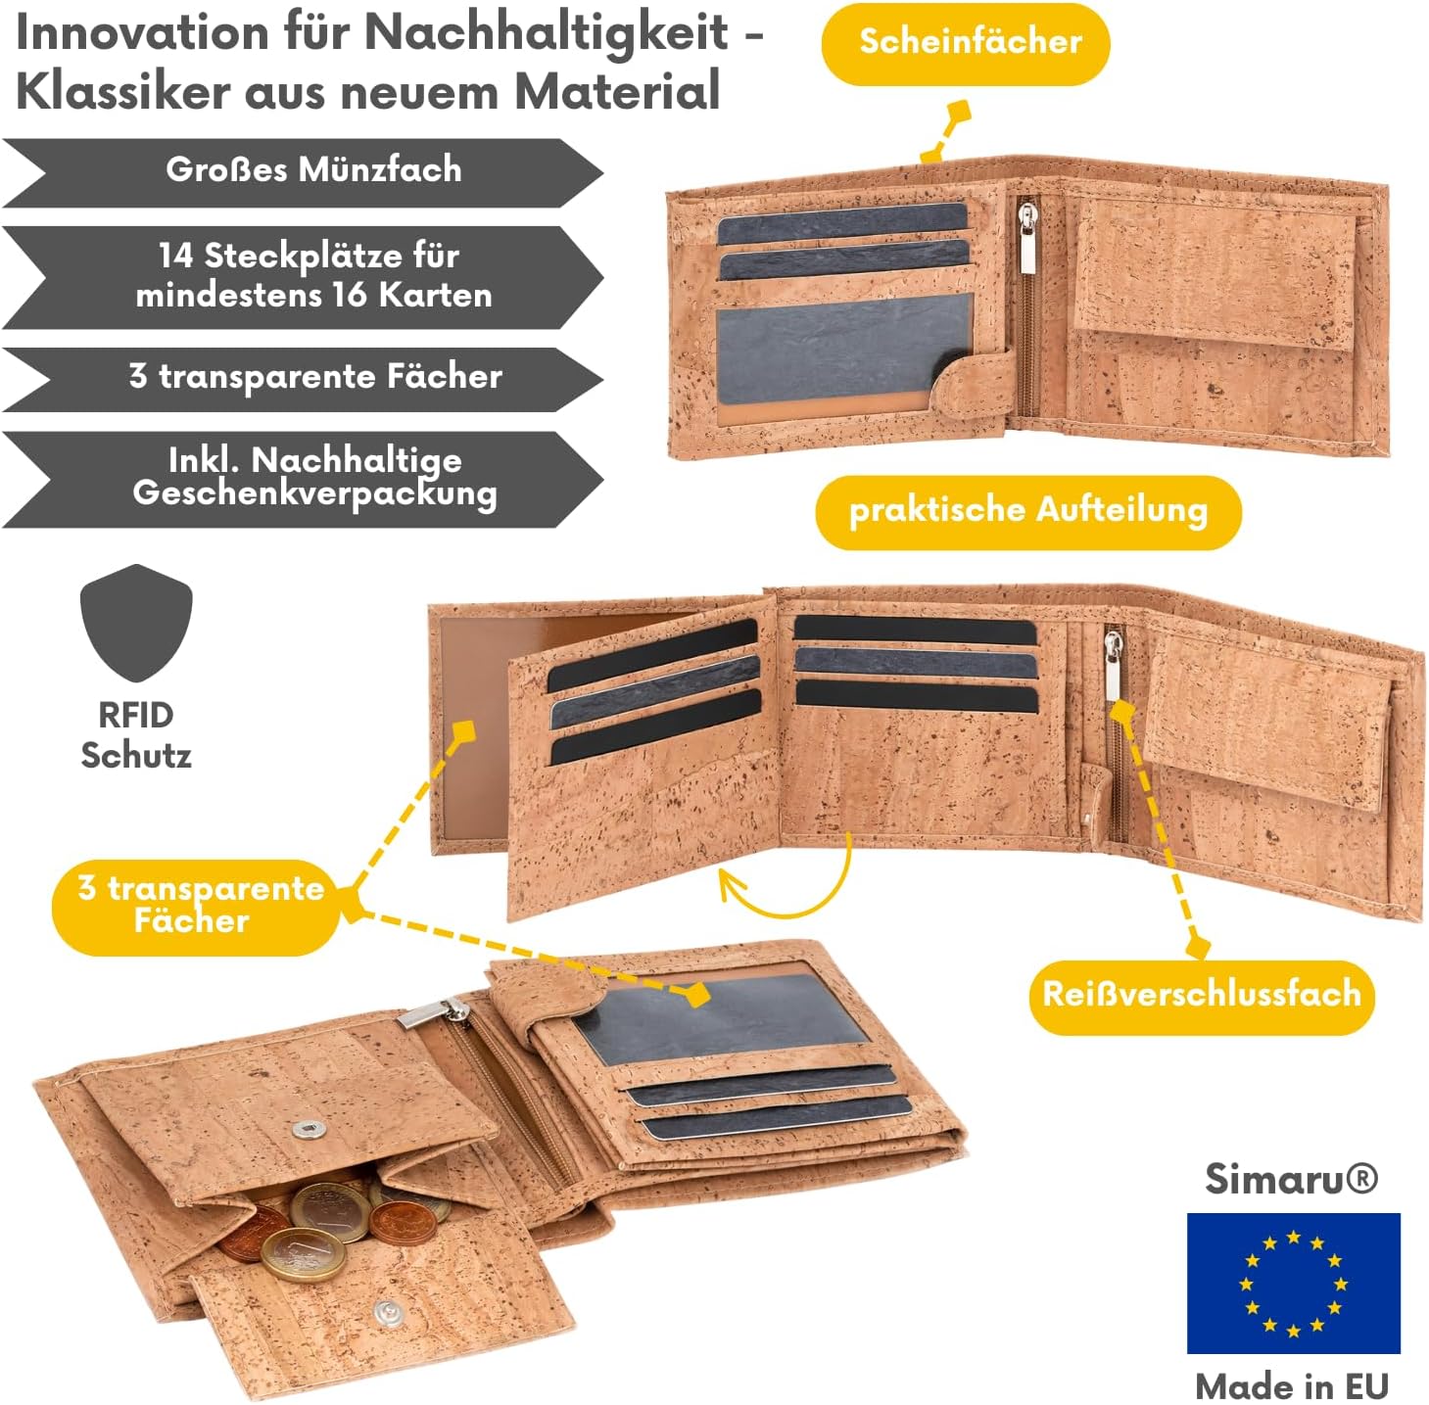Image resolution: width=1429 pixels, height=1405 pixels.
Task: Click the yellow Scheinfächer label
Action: tap(965, 43)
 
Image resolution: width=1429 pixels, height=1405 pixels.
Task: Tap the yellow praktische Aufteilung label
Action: tap(1027, 512)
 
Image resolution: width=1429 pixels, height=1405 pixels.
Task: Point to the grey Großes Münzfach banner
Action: tap(303, 172)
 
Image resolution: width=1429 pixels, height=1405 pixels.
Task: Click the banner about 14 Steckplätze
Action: tap(303, 276)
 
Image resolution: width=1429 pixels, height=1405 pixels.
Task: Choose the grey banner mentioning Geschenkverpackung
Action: tap(303, 479)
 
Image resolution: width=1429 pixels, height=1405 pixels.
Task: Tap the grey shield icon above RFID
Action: tap(136, 622)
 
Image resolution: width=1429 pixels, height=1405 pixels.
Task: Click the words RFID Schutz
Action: tap(136, 735)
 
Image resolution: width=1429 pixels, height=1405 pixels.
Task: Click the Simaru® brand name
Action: tap(1291, 1179)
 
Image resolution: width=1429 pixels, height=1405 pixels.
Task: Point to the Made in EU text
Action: tap(1292, 1385)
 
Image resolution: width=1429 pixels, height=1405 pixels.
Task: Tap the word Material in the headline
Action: tap(616, 91)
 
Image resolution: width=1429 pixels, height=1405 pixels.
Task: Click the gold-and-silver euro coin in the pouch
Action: tap(304, 1254)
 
